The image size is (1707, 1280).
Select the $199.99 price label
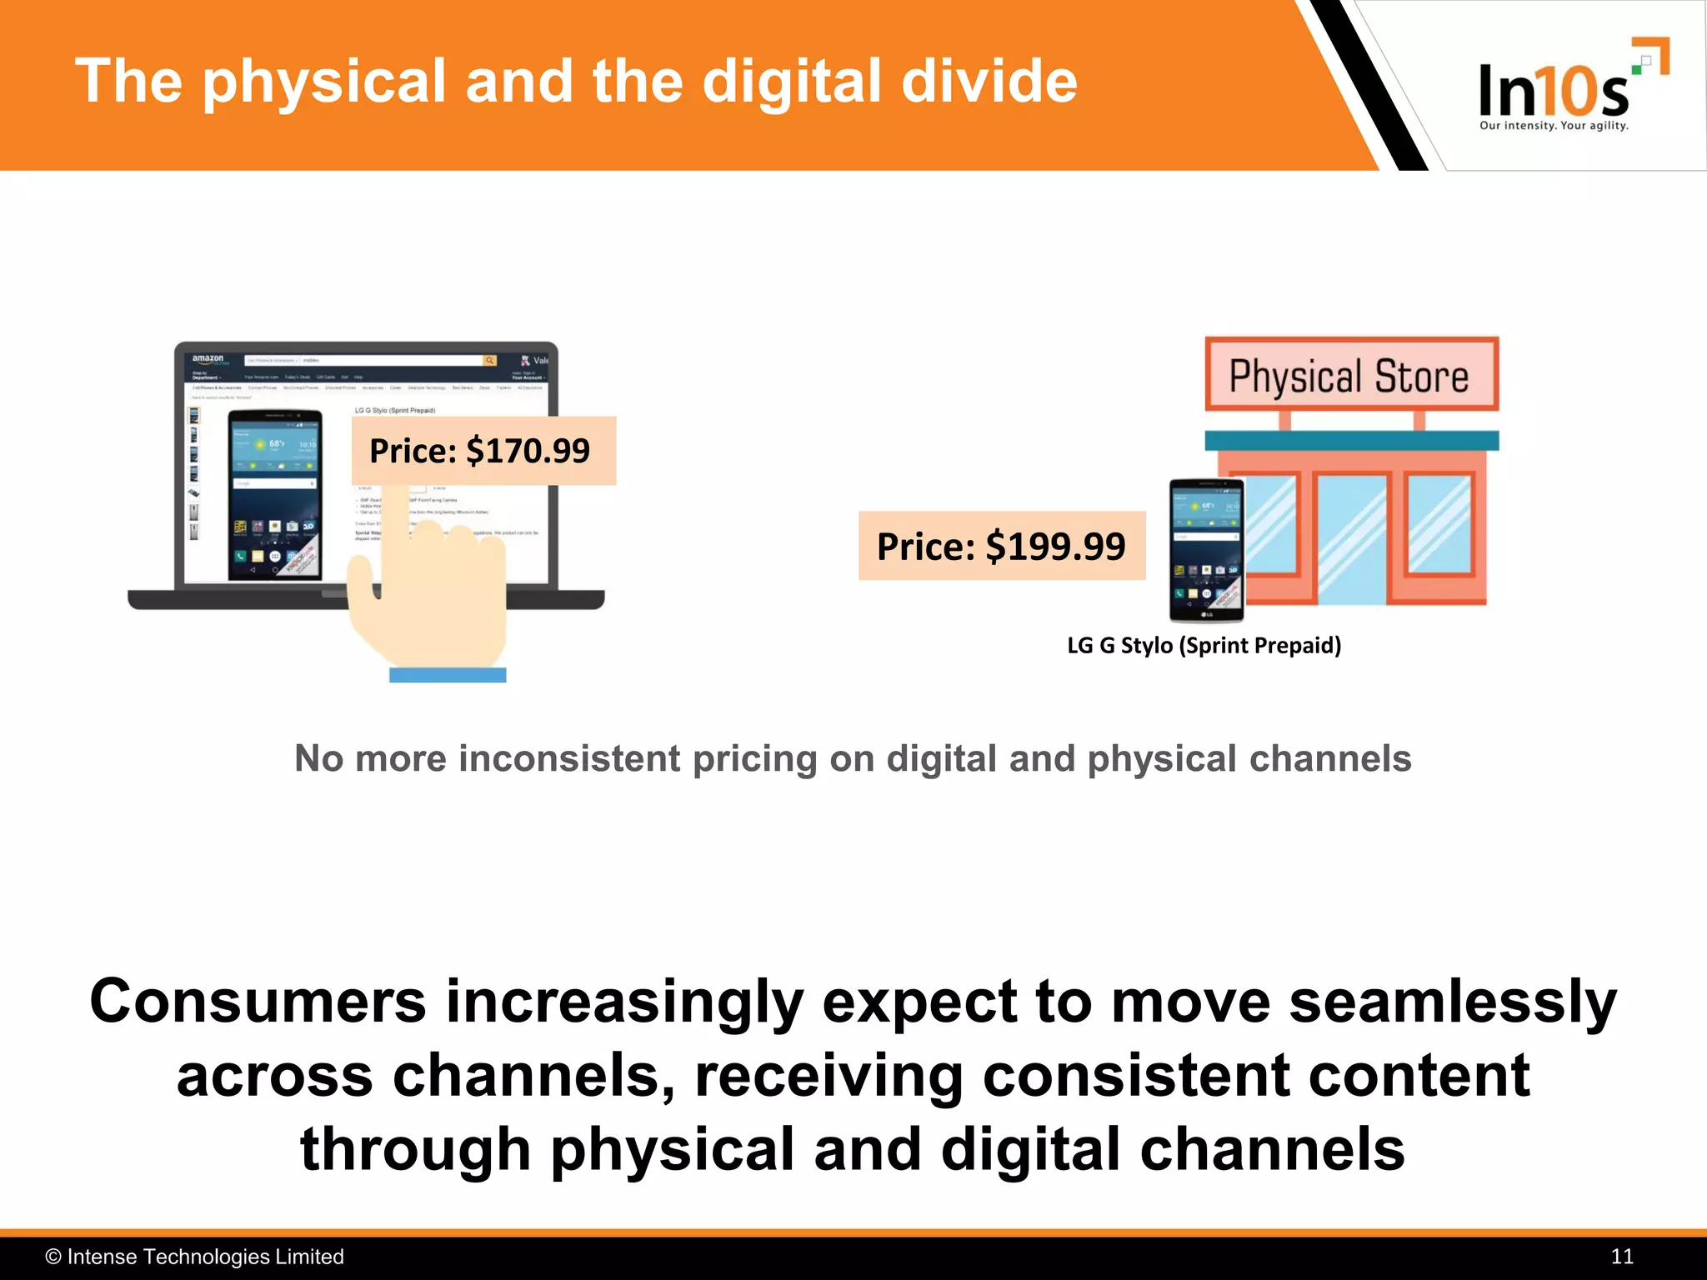pos(1001,547)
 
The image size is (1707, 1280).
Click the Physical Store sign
pos(1350,376)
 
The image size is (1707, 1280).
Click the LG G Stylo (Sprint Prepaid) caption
pos(1204,646)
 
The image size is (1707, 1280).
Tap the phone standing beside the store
pos(1206,551)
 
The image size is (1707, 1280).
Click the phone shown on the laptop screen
pos(275,495)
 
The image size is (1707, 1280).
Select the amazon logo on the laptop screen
pos(208,359)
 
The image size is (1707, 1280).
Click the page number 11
pos(1621,1257)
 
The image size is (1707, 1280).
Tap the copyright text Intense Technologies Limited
pos(204,1257)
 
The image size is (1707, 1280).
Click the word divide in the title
pos(989,82)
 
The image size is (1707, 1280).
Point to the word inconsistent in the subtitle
pos(569,759)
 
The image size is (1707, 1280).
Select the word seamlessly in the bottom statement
pos(1452,1002)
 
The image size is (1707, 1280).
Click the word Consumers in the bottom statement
pos(258,1002)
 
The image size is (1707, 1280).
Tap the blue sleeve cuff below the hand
pos(448,675)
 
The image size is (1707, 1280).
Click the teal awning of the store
pos(1351,441)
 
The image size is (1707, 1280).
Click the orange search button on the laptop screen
pos(490,361)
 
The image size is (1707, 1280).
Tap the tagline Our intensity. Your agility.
pos(1554,126)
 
